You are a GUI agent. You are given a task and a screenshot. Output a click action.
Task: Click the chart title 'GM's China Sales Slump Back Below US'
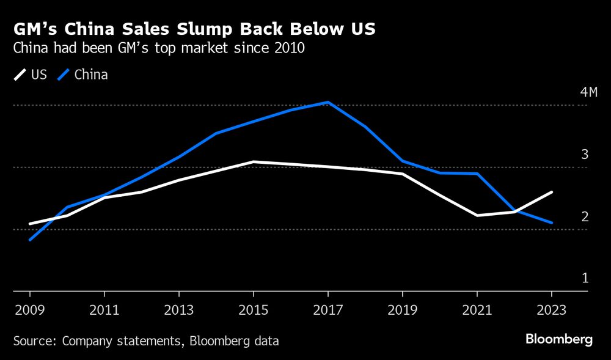tap(194, 29)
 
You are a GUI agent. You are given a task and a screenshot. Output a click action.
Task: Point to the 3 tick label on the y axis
tap(584, 154)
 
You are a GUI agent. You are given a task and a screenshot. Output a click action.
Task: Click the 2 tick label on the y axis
tap(584, 216)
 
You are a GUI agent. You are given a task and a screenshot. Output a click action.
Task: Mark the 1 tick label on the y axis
tap(584, 278)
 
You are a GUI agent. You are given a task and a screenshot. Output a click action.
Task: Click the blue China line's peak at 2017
tap(328, 102)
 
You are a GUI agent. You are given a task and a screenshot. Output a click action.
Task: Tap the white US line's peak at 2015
tap(253, 161)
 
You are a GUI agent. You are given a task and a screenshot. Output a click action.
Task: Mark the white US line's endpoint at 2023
tap(552, 192)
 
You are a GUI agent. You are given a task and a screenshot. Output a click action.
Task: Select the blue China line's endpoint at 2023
tap(552, 223)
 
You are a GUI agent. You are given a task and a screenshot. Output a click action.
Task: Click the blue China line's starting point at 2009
tap(29, 240)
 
